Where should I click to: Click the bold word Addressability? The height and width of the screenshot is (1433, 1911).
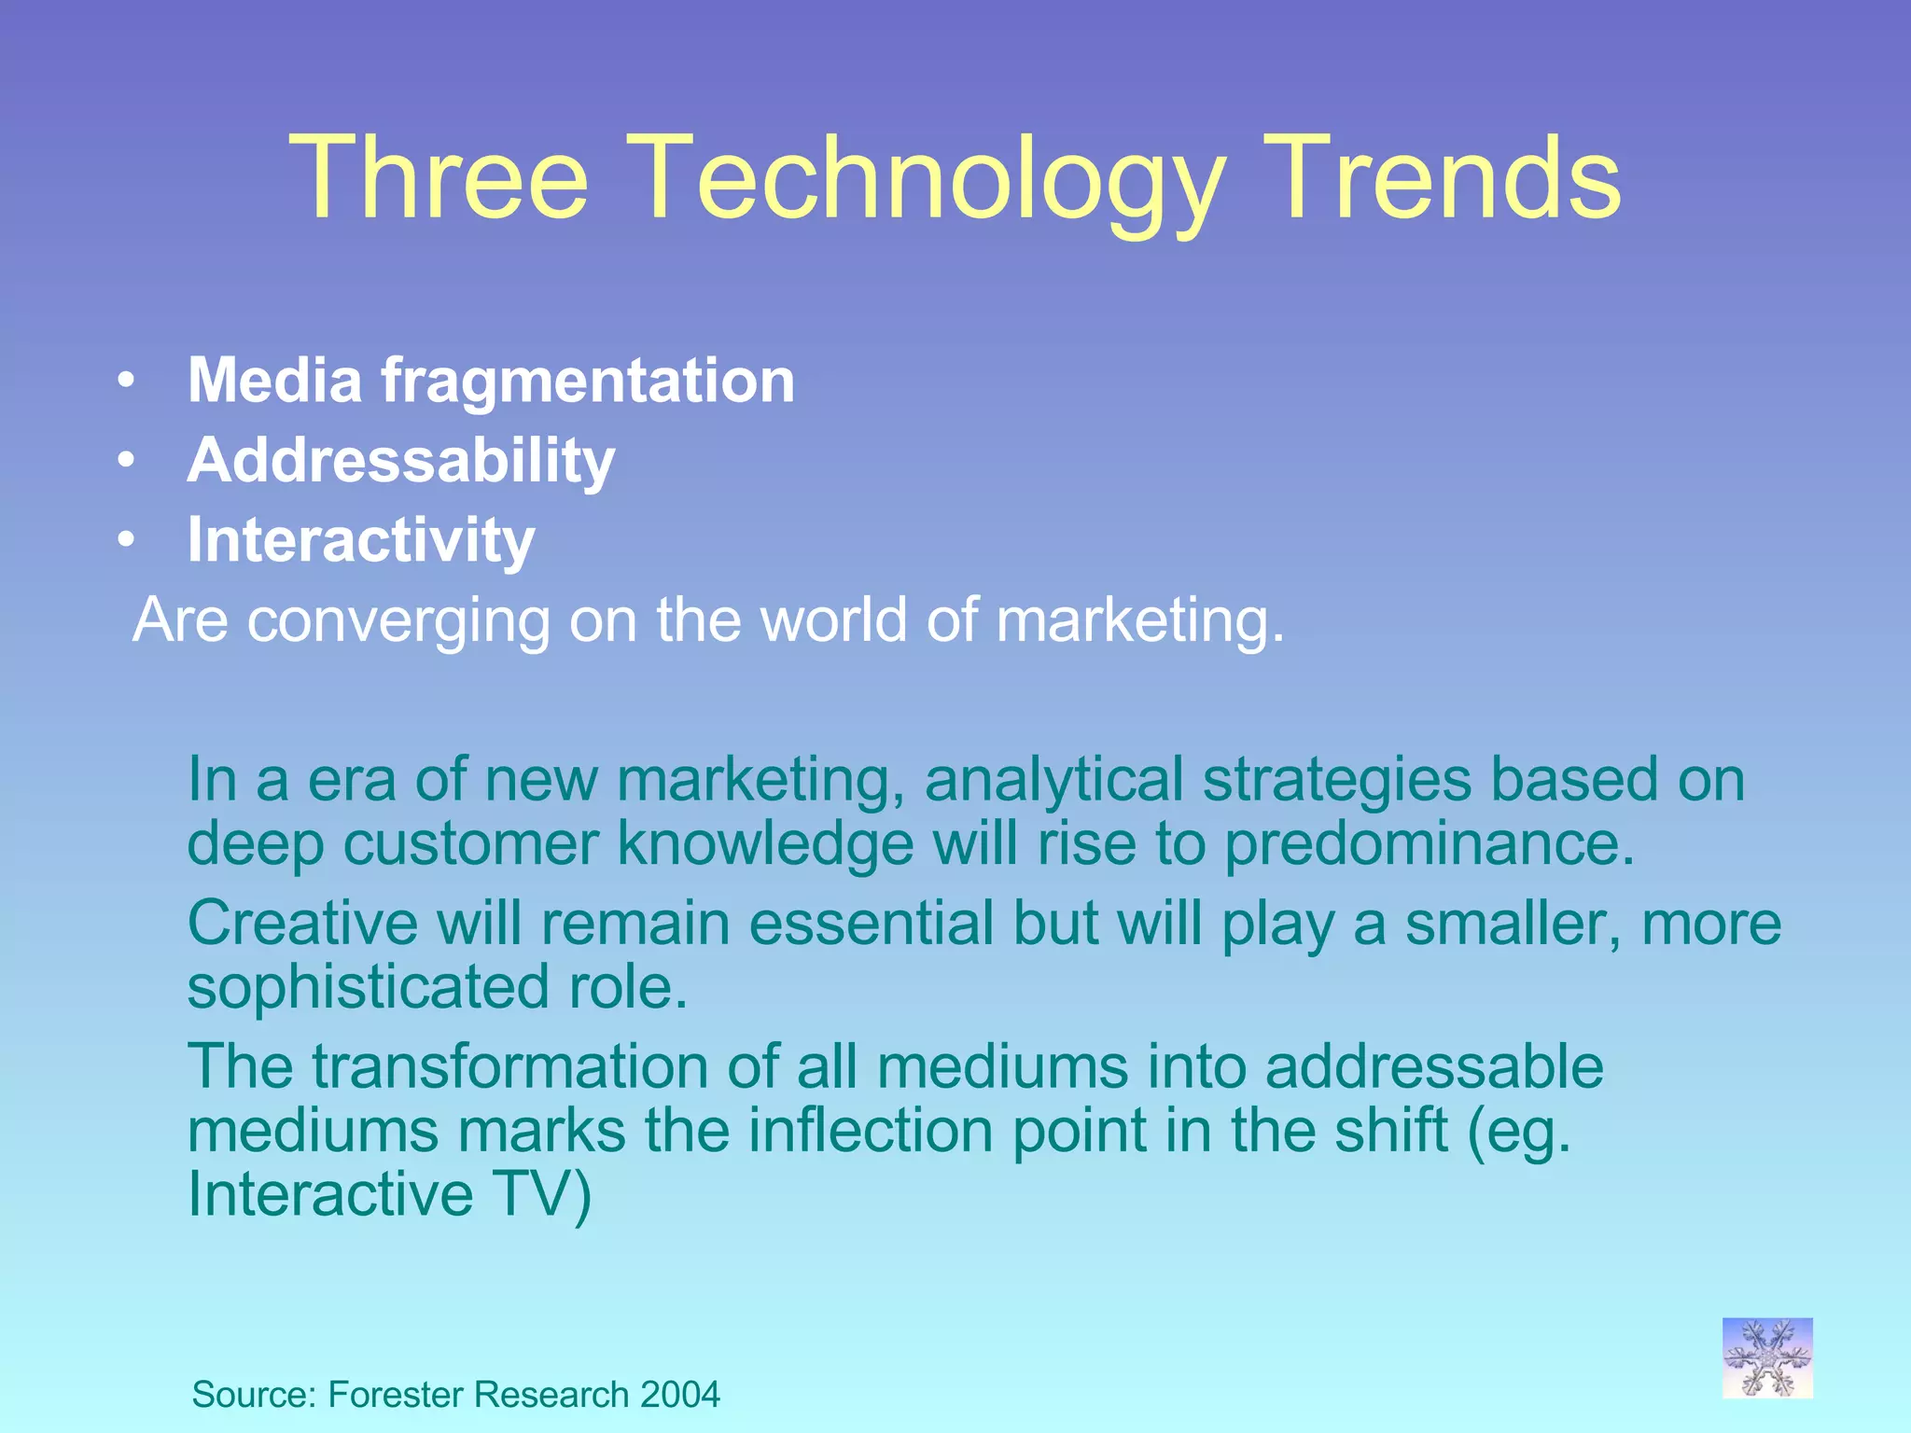point(401,461)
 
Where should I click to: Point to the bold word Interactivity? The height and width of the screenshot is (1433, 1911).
point(361,540)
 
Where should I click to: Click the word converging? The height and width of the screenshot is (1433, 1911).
point(398,621)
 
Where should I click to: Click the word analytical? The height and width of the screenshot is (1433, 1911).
point(1053,780)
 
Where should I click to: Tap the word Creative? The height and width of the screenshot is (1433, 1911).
point(302,924)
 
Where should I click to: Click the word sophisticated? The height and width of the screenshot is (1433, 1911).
point(368,988)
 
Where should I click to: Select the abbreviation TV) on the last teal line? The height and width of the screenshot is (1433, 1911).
point(541,1194)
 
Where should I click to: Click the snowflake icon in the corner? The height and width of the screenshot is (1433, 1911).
point(1767,1357)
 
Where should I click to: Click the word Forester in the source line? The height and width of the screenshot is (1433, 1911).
point(397,1395)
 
